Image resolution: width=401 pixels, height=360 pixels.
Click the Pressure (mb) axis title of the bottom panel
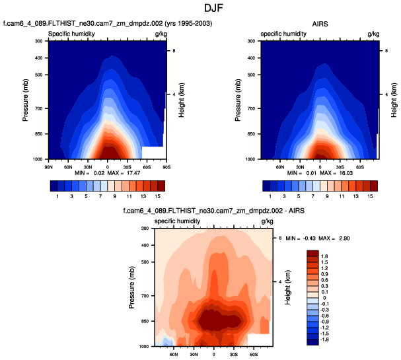click(x=133, y=287)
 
